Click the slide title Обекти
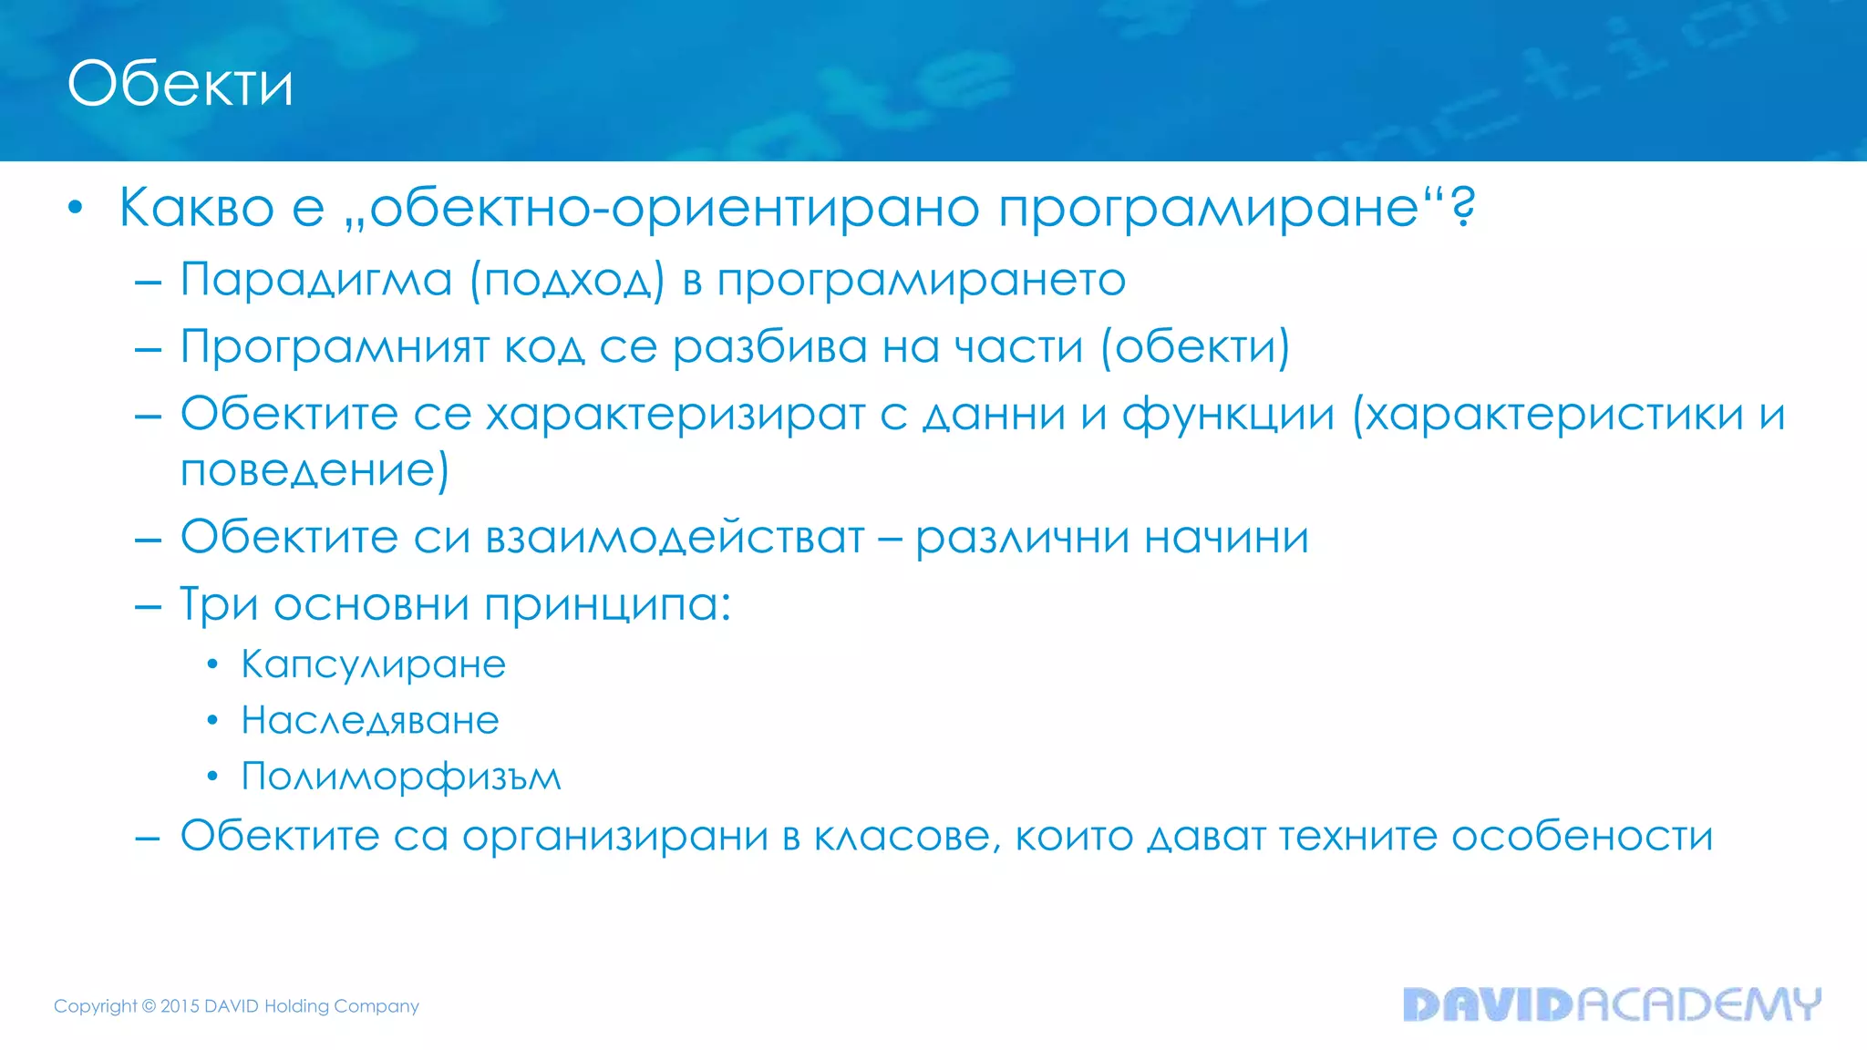click(x=181, y=84)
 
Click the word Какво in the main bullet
click(x=196, y=208)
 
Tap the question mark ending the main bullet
click(x=1462, y=208)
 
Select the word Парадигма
click(x=315, y=279)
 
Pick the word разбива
click(x=769, y=347)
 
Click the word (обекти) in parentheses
click(x=1195, y=347)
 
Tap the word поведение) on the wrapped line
click(x=315, y=470)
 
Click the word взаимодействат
click(x=675, y=537)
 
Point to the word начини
click(x=1226, y=537)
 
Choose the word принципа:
click(x=607, y=605)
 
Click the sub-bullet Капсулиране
click(x=373, y=664)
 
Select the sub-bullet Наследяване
click(x=370, y=721)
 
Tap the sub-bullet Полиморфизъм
click(x=401, y=777)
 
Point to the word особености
click(x=1582, y=836)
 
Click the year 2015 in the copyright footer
click(x=180, y=1006)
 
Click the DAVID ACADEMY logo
click(x=1611, y=1004)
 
